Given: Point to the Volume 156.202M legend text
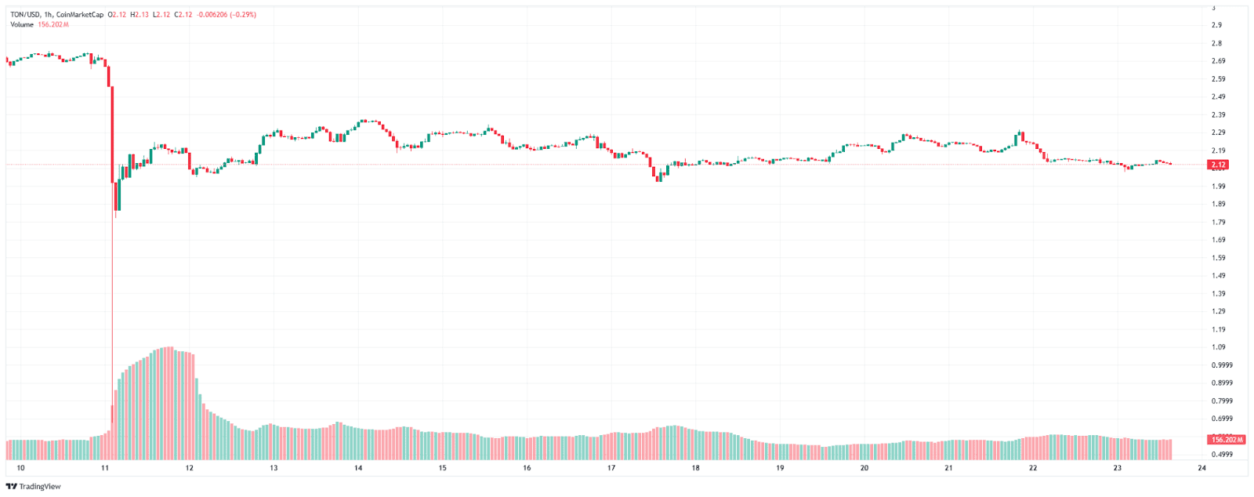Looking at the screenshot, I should pyautogui.click(x=39, y=25).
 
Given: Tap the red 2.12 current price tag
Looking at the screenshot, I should pyautogui.click(x=1218, y=165).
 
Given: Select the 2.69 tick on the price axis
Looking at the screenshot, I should pyautogui.click(x=1218, y=61).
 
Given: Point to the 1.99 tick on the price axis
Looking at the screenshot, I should pyautogui.click(x=1218, y=187).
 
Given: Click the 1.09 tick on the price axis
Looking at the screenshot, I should pyautogui.click(x=1218, y=347).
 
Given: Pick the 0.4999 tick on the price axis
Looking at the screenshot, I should pyautogui.click(x=1221, y=455).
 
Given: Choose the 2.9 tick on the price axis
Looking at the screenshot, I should pyautogui.click(x=1216, y=25).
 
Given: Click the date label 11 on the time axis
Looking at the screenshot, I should pyautogui.click(x=105, y=468).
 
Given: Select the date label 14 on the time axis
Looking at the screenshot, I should pyautogui.click(x=358, y=468).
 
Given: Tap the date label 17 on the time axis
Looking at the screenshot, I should pyautogui.click(x=611, y=468).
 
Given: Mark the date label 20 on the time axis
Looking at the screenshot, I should pyautogui.click(x=864, y=468).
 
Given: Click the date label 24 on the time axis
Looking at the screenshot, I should pyautogui.click(x=1201, y=468).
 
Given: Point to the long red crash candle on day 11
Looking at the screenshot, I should pyautogui.click(x=112, y=133).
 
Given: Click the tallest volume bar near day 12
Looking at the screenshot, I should pyautogui.click(x=169, y=403).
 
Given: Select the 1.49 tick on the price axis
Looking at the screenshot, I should pyautogui.click(x=1218, y=276).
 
